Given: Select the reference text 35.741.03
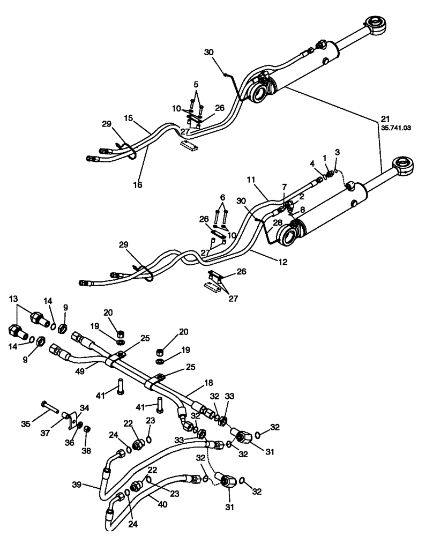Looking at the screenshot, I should point(395,129).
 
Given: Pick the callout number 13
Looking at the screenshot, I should point(13,299).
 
